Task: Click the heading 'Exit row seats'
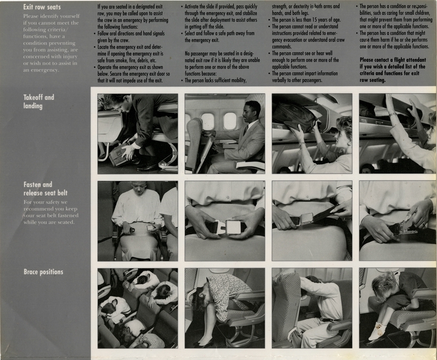point(43,7)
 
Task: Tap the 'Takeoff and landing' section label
point(38,101)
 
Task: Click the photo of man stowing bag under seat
point(137,133)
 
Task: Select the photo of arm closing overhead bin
point(397,133)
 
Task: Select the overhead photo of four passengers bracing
point(137,308)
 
